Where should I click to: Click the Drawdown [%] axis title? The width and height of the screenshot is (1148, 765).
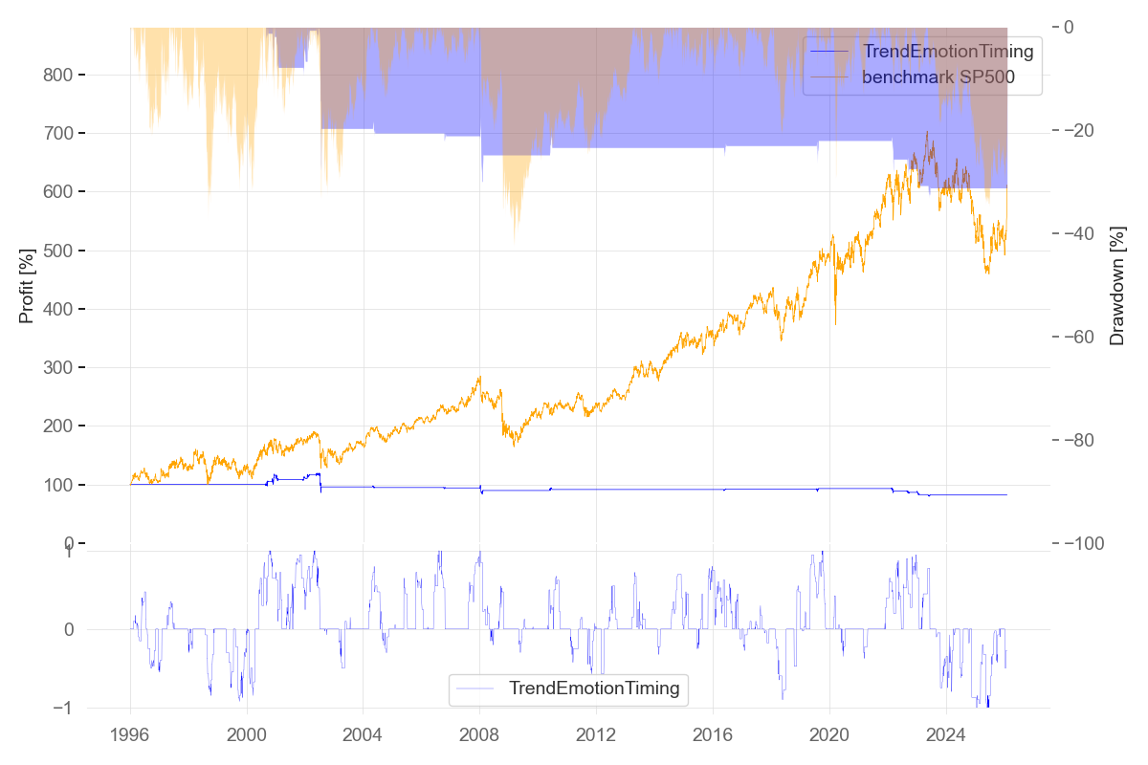1116,285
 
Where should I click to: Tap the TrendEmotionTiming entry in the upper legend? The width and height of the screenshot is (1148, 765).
948,51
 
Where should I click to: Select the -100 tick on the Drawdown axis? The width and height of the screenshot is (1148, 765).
1090,543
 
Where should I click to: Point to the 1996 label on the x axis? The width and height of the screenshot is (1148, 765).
130,737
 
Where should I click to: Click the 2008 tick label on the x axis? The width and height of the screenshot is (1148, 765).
479,737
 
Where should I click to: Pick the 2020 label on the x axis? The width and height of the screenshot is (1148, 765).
828,737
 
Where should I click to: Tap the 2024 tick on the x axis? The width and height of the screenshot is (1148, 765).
945,737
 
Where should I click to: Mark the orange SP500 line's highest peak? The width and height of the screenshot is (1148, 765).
926,132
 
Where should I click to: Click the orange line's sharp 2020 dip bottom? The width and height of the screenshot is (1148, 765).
835,324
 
